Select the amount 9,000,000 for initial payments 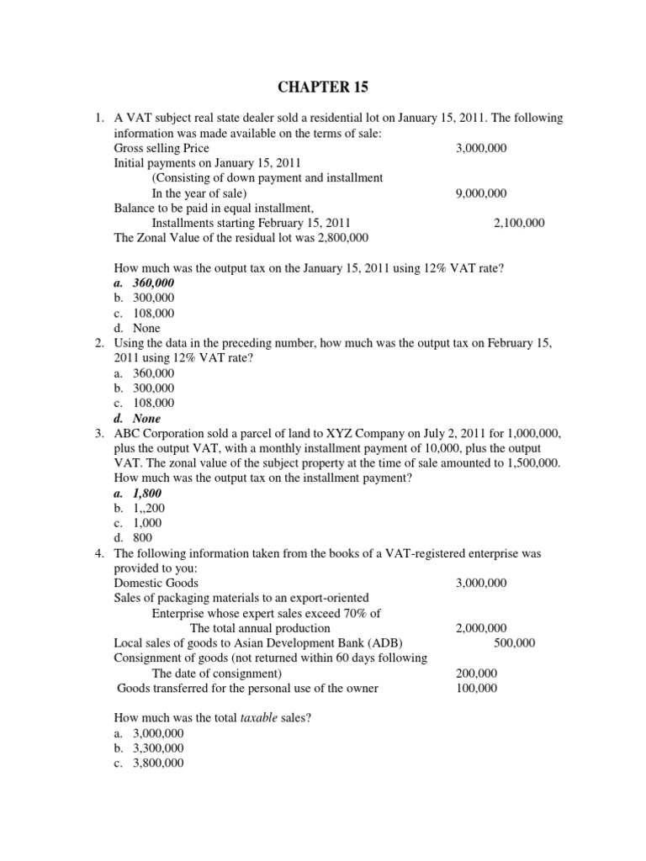[x=480, y=193]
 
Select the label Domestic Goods [x=156, y=583]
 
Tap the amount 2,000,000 [x=480, y=628]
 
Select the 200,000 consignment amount [x=476, y=673]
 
